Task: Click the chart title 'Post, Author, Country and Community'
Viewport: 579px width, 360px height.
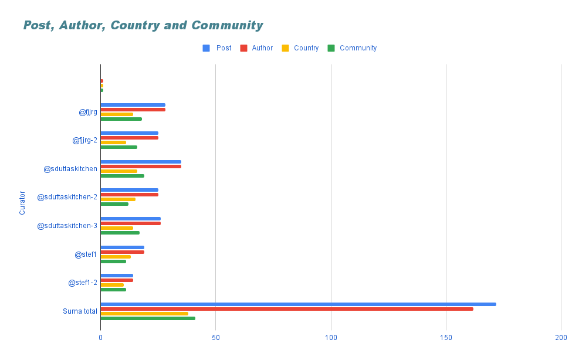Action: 143,25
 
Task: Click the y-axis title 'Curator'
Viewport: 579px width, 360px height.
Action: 22,202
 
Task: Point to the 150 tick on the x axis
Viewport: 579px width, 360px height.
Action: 446,338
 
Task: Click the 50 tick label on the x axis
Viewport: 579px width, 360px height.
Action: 215,338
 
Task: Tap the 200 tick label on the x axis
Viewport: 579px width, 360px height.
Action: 561,338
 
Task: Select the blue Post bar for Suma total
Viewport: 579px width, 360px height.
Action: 298,304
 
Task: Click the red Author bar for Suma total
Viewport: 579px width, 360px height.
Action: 286,309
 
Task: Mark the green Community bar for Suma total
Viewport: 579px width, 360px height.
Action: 148,318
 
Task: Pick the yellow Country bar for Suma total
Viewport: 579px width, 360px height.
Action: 144,314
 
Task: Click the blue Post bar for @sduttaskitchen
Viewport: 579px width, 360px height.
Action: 141,162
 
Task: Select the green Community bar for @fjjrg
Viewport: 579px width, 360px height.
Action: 121,119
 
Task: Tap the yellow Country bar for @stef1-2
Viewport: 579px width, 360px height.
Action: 112,285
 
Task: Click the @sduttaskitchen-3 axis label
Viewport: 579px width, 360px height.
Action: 67,226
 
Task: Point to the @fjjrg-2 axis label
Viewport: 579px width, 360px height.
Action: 84,140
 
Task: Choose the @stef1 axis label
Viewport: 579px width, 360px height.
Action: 86,254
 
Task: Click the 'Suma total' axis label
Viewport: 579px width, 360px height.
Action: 80,311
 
